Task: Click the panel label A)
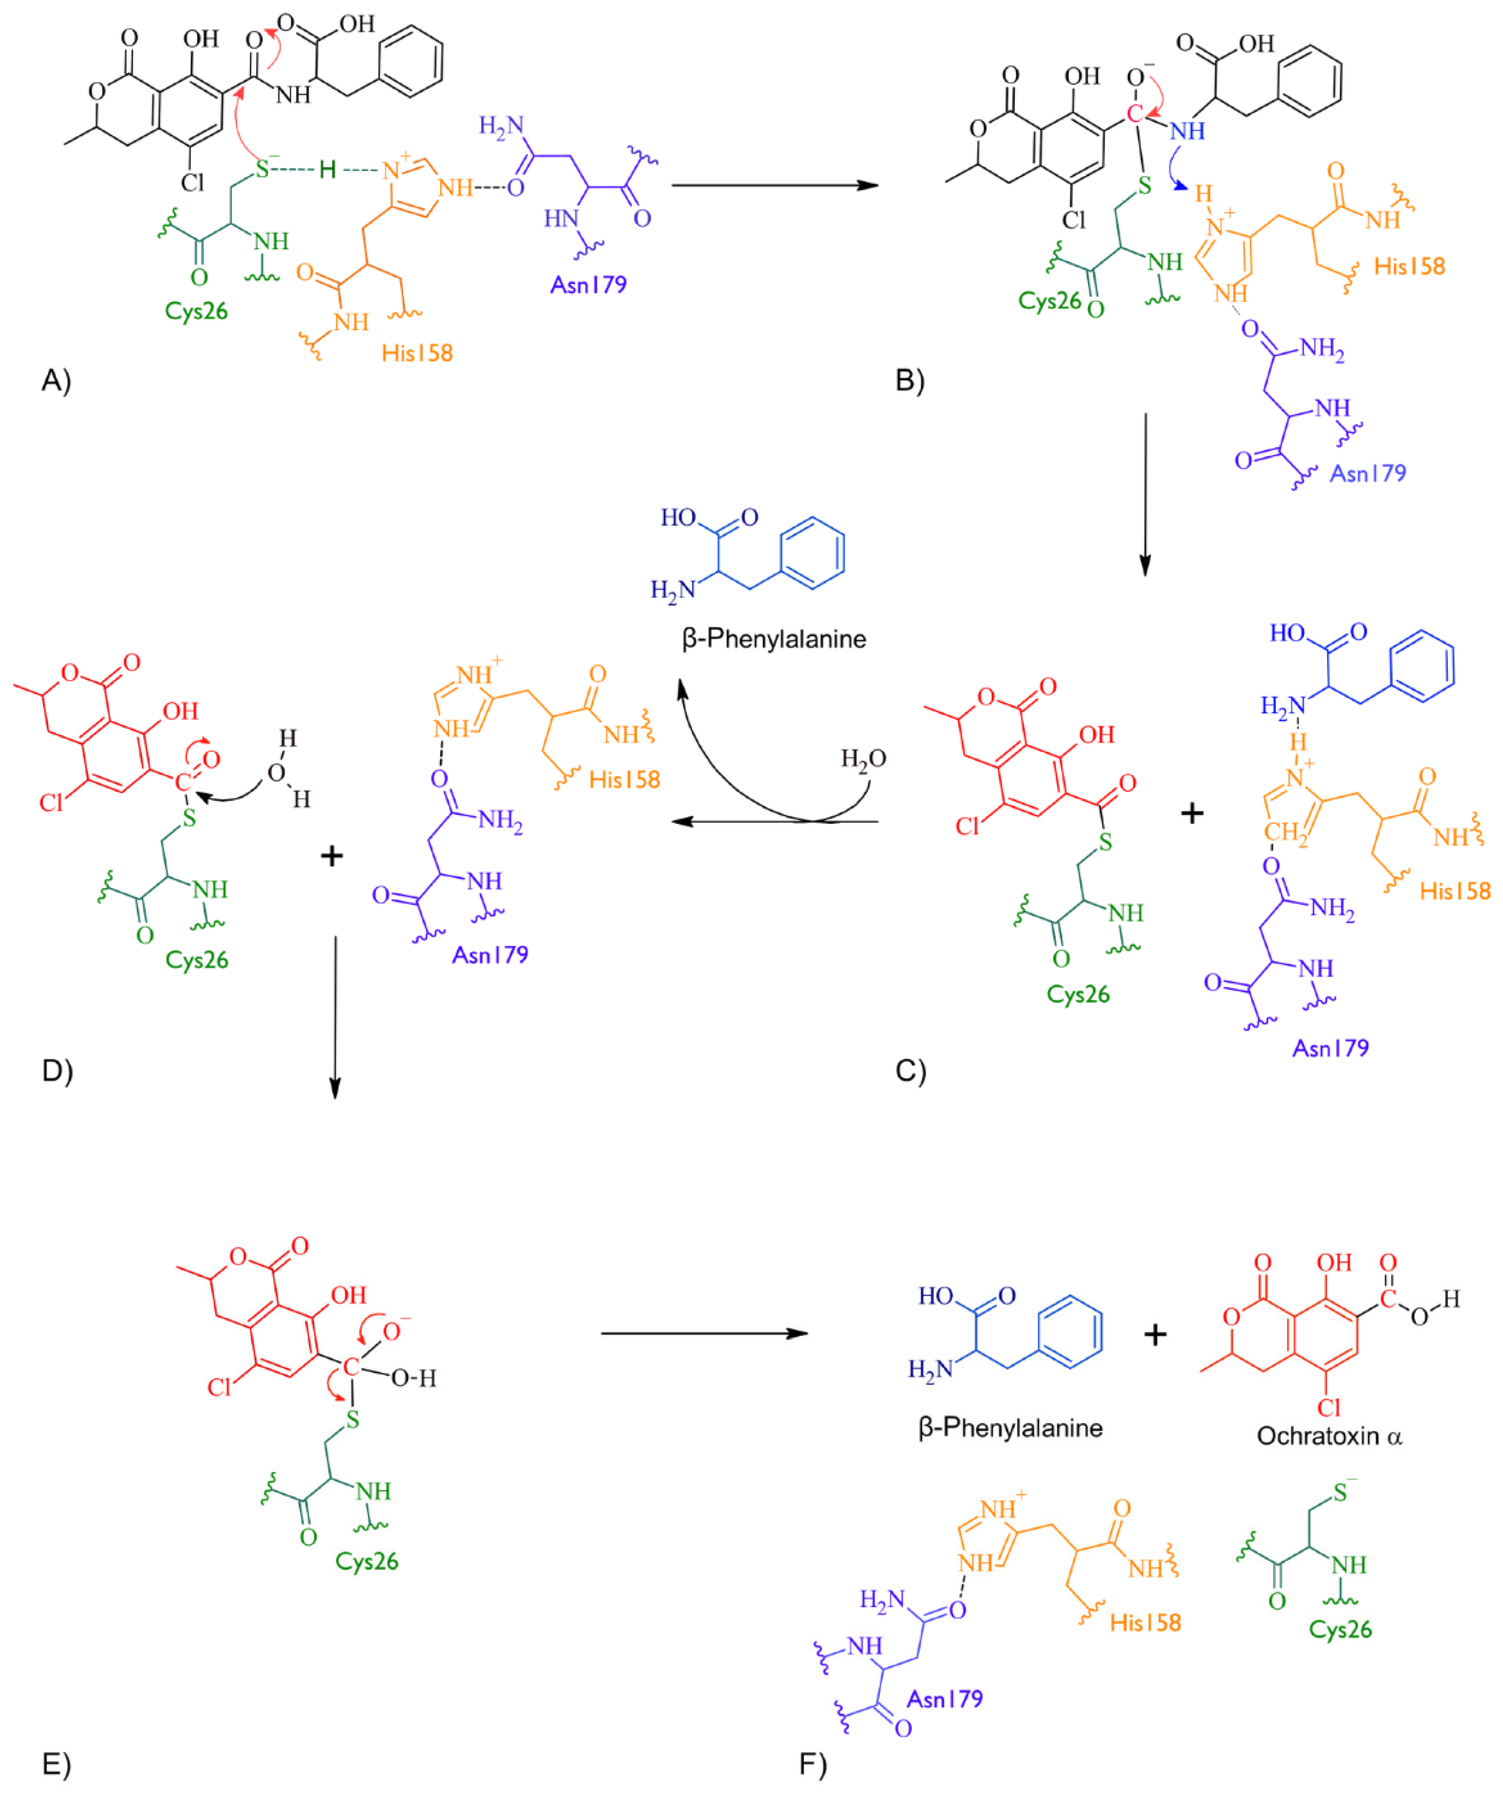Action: (x=56, y=380)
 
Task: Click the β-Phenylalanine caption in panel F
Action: (x=1010, y=1427)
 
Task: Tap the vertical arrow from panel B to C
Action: (x=1145, y=495)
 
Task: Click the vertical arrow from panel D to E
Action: (x=335, y=1016)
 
